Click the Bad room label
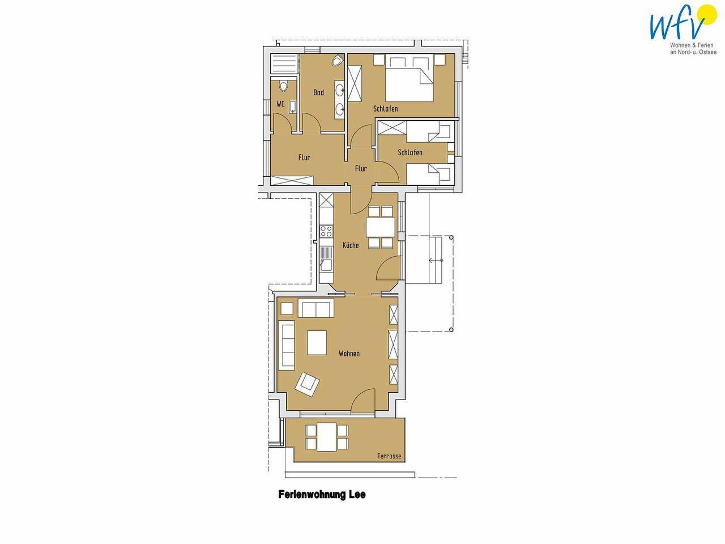coord(318,92)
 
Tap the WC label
coord(280,104)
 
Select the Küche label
coord(351,245)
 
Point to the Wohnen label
coord(349,354)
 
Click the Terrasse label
coord(389,456)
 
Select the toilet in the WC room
coord(283,86)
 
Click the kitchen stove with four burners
coord(326,231)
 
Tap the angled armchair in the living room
coord(308,384)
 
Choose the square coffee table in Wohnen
coord(317,342)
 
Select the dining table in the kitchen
coord(381,227)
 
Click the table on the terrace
coord(326,437)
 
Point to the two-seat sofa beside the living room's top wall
coord(316,308)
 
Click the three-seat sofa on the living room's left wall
coord(288,345)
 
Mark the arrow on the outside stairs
coord(436,261)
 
